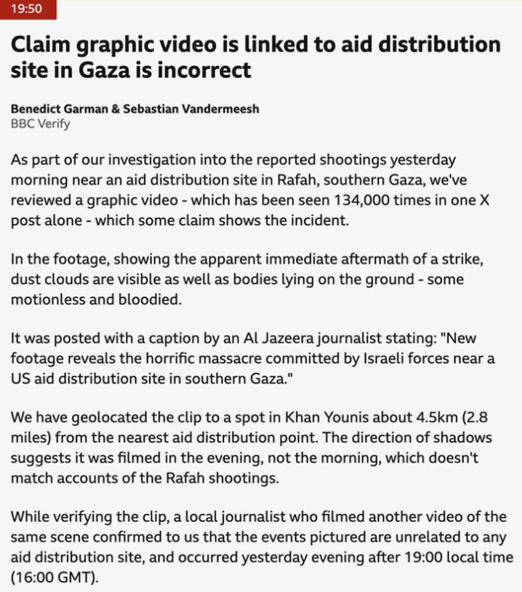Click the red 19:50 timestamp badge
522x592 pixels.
point(28,10)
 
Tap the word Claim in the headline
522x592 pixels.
point(40,45)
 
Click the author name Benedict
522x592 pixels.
point(35,109)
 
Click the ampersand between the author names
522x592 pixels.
point(115,109)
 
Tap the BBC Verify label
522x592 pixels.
point(40,124)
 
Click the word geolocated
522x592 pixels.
point(118,418)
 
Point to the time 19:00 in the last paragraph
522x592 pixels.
point(416,557)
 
